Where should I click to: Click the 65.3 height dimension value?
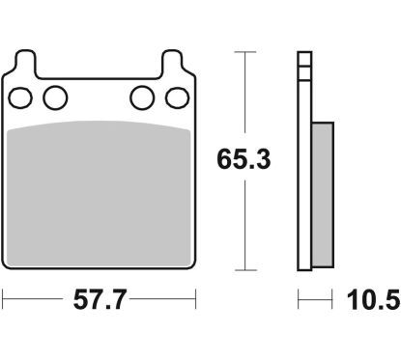click(243, 159)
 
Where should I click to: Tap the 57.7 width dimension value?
click(99, 299)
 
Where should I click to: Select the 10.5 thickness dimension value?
click(373, 300)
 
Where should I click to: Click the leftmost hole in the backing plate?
click(20, 97)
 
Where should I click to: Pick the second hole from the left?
click(55, 97)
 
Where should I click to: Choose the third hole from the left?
click(142, 97)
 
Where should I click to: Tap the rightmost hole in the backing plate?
click(177, 97)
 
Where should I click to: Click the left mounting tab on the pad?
click(25, 62)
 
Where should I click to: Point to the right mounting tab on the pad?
click(173, 62)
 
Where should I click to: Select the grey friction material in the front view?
click(99, 194)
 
